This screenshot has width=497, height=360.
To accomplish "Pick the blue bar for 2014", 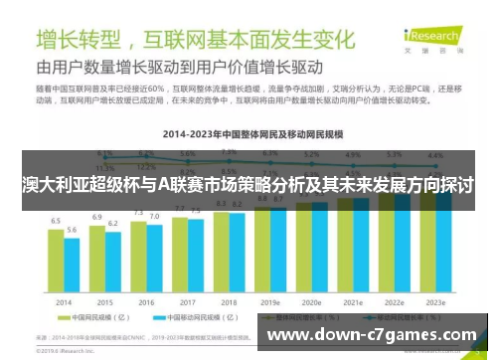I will click(x=72, y=263).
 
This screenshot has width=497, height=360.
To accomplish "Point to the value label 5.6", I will click(x=72, y=230).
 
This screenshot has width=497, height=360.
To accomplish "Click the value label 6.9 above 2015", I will click(x=97, y=216).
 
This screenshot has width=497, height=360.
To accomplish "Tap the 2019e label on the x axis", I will click(x=269, y=301).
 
